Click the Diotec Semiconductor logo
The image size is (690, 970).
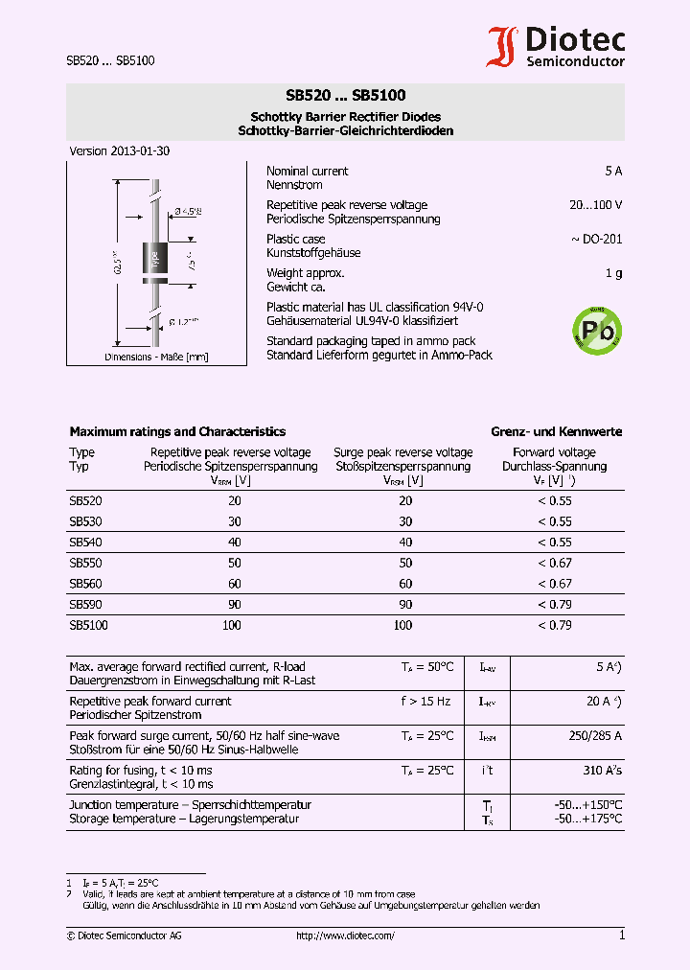coord(556,46)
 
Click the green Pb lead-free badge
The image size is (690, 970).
coord(596,331)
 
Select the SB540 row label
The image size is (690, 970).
coord(85,543)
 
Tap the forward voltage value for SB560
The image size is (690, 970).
coord(554,584)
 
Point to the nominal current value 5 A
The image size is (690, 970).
coord(613,172)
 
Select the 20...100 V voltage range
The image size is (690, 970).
coord(595,205)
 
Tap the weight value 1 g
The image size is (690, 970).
coord(613,274)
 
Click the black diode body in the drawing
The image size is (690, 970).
coord(152,259)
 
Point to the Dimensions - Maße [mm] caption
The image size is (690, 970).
coord(156,357)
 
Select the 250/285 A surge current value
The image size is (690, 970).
coord(596,736)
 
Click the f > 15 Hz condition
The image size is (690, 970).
coord(425,702)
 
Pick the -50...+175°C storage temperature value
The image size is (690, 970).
coord(587,820)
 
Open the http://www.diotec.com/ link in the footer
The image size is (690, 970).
coord(345,935)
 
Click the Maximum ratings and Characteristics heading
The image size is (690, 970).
coord(177,432)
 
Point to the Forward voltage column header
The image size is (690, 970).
coord(554,452)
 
